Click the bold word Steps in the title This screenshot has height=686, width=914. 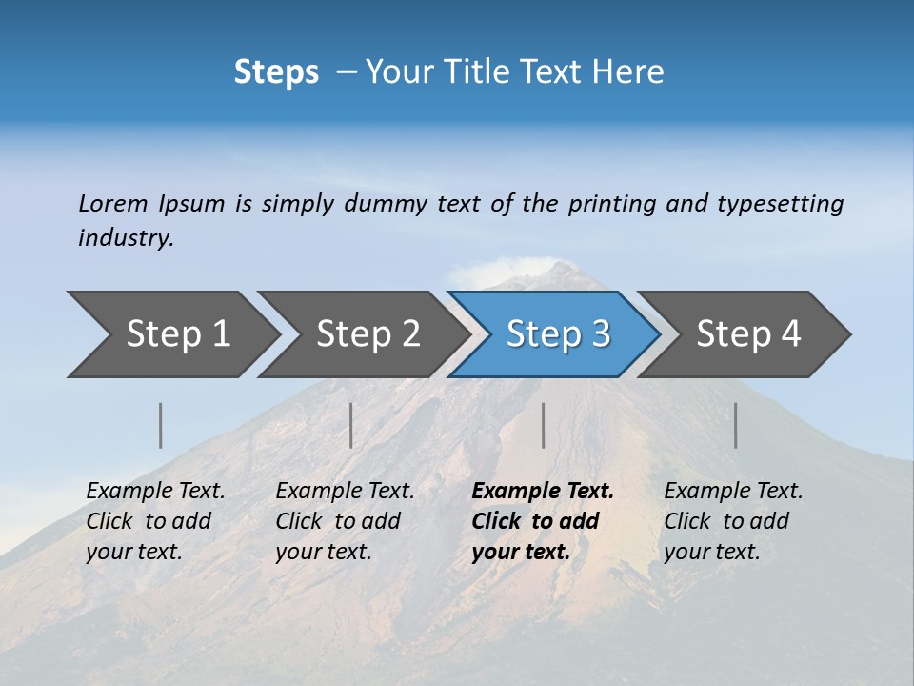click(276, 72)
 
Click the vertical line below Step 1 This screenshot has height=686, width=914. click(161, 425)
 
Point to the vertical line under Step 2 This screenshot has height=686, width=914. click(351, 425)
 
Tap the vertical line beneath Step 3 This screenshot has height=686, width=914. click(543, 425)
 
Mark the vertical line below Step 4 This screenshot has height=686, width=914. click(735, 425)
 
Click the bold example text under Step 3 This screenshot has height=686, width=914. click(542, 521)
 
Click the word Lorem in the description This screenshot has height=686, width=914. click(113, 204)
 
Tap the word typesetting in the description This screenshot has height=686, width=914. click(780, 204)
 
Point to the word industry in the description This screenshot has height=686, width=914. click(125, 238)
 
